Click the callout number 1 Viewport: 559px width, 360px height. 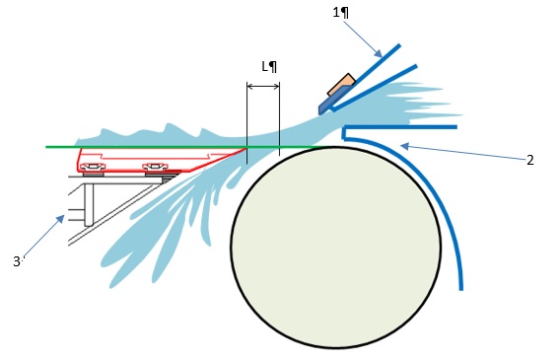(x=336, y=13)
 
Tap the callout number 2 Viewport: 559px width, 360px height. (x=530, y=160)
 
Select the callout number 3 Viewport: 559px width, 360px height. (x=17, y=261)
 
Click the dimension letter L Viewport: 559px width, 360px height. (x=264, y=66)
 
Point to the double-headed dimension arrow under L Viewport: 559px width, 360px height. (x=263, y=87)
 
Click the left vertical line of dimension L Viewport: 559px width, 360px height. (x=246, y=122)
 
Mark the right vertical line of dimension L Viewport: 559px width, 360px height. (x=280, y=119)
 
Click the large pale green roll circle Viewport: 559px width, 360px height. (x=336, y=247)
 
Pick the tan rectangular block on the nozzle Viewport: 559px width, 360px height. (x=341, y=85)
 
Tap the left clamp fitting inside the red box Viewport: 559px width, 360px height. (x=93, y=167)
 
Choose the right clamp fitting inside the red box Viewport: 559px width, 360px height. (x=155, y=167)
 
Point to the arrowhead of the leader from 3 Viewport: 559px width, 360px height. (x=61, y=218)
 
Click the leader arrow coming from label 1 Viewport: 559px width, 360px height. (x=363, y=38)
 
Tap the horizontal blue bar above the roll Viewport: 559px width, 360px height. (x=400, y=127)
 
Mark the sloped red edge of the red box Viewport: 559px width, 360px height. (x=217, y=160)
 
